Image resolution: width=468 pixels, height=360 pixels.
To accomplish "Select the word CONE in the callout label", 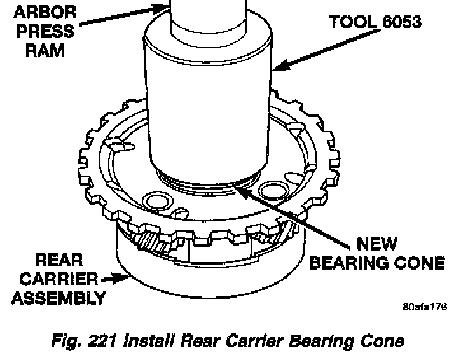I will pyautogui.click(x=421, y=261).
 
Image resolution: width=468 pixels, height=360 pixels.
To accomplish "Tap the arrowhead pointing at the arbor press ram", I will pyautogui.click(x=165, y=7).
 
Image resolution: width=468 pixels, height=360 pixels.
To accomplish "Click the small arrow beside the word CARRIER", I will pyautogui.click(x=108, y=278).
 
